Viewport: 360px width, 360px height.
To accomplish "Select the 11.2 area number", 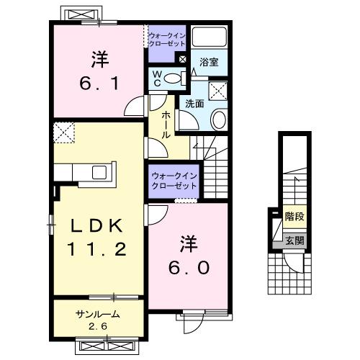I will [x=99, y=250].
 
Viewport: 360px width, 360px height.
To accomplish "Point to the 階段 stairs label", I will [x=294, y=216].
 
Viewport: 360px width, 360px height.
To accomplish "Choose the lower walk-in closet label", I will [x=174, y=181].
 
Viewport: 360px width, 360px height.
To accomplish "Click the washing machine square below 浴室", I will [x=217, y=90].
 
